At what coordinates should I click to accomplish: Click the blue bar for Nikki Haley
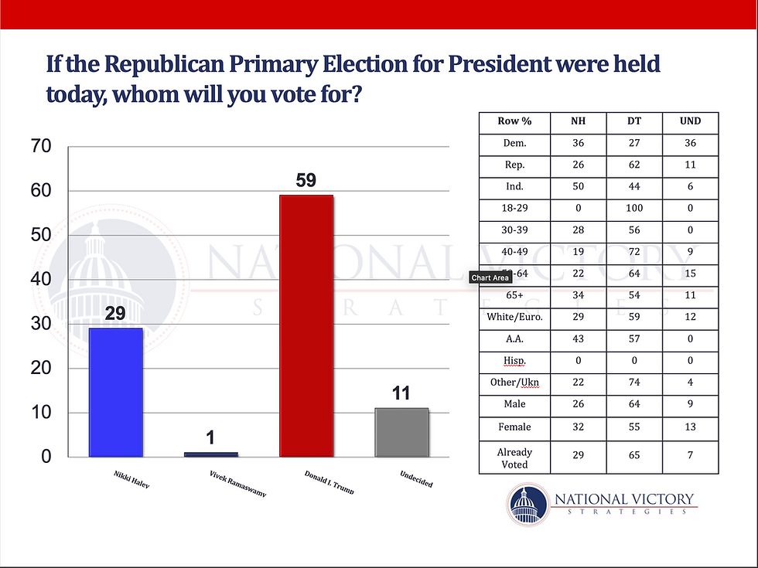[116, 392]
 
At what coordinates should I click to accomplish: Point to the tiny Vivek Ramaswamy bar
[211, 454]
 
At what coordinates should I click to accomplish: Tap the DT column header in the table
[634, 122]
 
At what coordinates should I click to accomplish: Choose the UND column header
[691, 122]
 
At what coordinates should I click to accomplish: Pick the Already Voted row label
[514, 457]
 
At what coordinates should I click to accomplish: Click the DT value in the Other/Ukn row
[634, 382]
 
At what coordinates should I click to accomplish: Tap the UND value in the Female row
[691, 426]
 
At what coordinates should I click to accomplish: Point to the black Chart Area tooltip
[490, 278]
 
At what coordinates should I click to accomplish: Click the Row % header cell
[514, 122]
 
